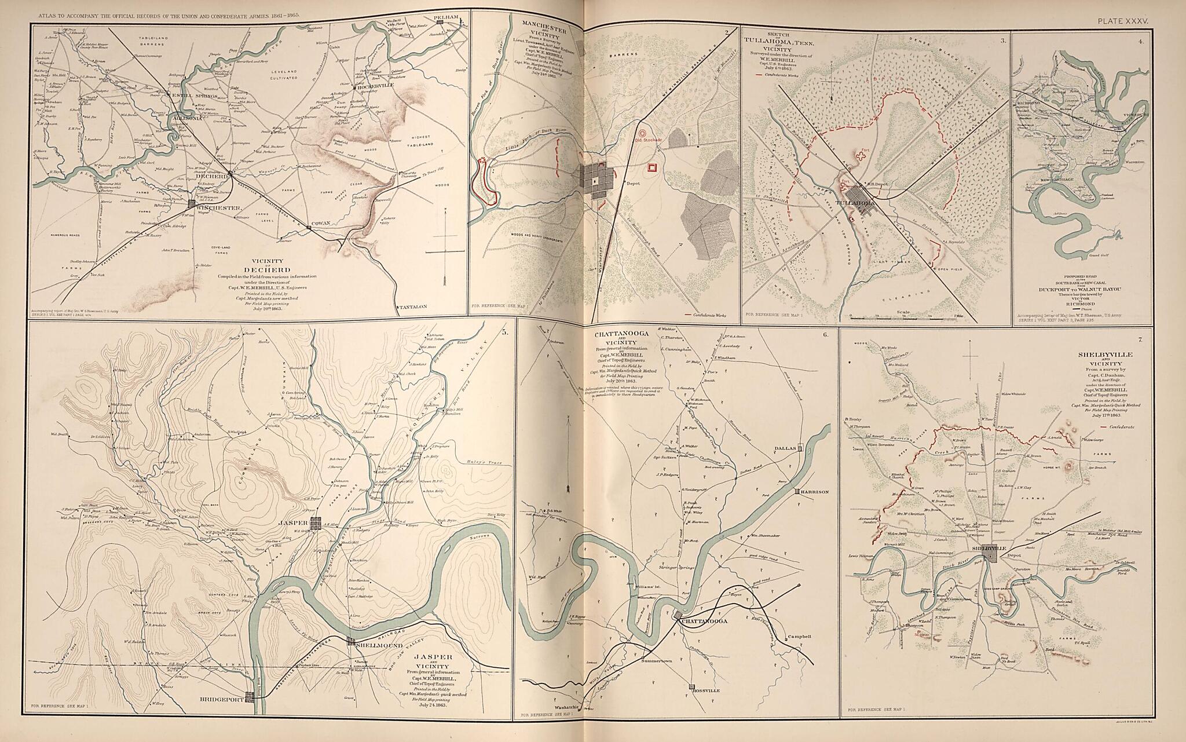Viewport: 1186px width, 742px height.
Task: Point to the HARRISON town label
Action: click(x=816, y=492)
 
